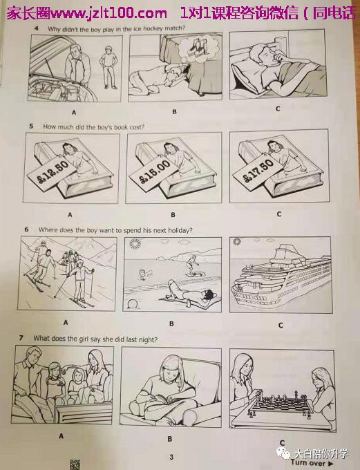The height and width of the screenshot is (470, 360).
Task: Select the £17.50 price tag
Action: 258,171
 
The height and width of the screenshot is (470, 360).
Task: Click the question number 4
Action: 37,28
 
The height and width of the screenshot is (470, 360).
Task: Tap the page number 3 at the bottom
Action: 171,457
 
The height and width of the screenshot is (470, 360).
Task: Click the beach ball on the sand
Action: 132,303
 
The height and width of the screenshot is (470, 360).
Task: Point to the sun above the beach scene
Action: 135,244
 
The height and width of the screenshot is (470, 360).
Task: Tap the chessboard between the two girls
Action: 281,408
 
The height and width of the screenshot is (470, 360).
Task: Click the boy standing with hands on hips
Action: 109,67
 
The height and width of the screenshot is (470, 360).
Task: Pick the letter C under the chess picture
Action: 282,442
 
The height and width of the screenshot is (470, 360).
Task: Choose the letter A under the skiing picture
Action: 66,323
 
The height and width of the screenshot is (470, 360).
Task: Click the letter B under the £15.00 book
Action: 173,215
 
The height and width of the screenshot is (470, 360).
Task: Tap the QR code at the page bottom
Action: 75,464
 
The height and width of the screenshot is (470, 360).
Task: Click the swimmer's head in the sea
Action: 142,272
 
